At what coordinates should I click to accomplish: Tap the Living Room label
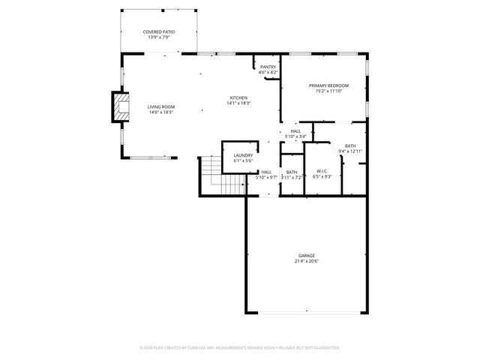pos(161,106)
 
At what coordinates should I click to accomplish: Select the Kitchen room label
pos(238,98)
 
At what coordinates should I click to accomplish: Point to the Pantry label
pos(268,67)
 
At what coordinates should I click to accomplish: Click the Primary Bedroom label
pos(328,86)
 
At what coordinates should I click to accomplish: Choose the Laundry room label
pos(243,155)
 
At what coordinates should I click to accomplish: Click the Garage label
pos(305,255)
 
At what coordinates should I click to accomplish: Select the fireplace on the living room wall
pos(119,106)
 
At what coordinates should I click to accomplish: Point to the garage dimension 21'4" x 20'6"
pos(305,261)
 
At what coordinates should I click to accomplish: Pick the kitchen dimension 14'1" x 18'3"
pos(238,103)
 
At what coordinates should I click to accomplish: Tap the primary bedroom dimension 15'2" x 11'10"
pos(328,91)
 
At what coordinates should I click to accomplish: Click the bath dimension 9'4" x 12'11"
pos(350,151)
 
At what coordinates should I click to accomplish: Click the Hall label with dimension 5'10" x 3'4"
pos(296,131)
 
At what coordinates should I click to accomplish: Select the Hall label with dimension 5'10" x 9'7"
pos(266,172)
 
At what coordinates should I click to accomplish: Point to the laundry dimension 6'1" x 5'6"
pos(243,160)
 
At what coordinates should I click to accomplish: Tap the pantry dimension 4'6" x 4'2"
pos(268,73)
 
